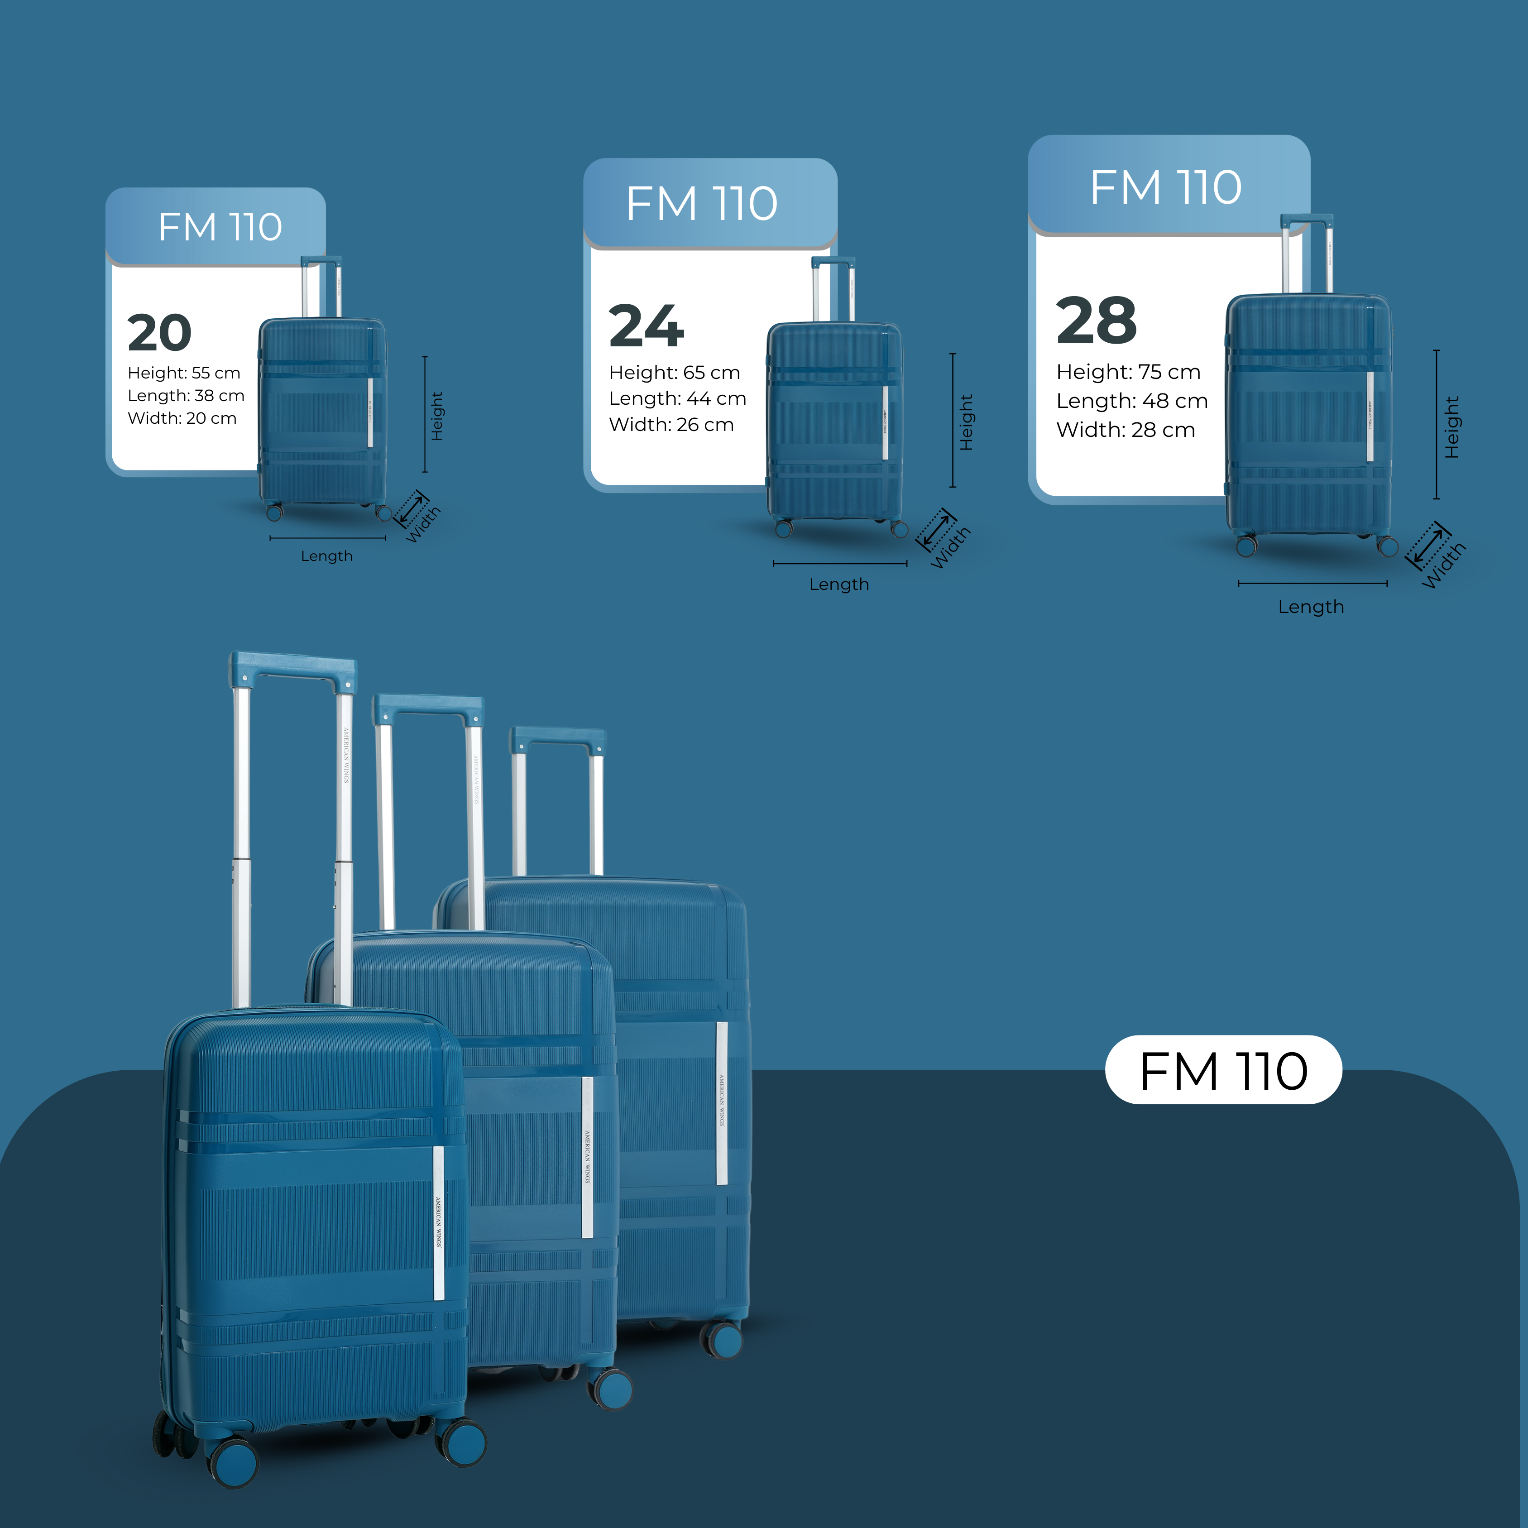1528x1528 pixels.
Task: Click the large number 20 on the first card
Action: [x=160, y=332]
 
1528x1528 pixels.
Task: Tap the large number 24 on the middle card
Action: [x=646, y=326]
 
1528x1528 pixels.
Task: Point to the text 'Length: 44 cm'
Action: [x=677, y=398]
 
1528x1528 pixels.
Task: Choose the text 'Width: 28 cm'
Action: [x=1126, y=430]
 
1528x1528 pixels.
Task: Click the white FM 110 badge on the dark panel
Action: [x=1223, y=1071]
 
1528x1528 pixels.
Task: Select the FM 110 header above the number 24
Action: [x=701, y=203]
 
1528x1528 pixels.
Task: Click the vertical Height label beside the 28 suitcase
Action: [x=1452, y=427]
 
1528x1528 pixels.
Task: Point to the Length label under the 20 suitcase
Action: [x=326, y=556]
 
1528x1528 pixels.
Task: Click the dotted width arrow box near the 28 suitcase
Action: [x=1427, y=545]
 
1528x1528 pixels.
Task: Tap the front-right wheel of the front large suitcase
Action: [x=461, y=1442]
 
